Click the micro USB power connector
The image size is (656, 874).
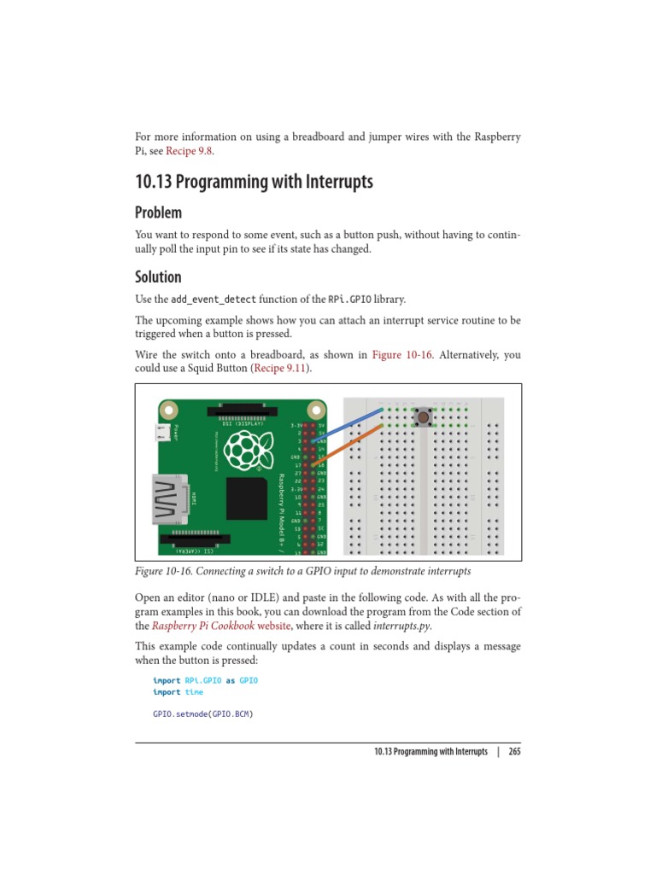click(162, 433)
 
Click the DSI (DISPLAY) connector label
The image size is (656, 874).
click(243, 422)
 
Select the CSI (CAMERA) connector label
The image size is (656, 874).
click(196, 551)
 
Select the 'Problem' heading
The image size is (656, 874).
click(158, 212)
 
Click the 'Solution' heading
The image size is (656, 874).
click(158, 277)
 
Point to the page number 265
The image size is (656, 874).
click(514, 752)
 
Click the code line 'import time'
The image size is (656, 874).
click(178, 692)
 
